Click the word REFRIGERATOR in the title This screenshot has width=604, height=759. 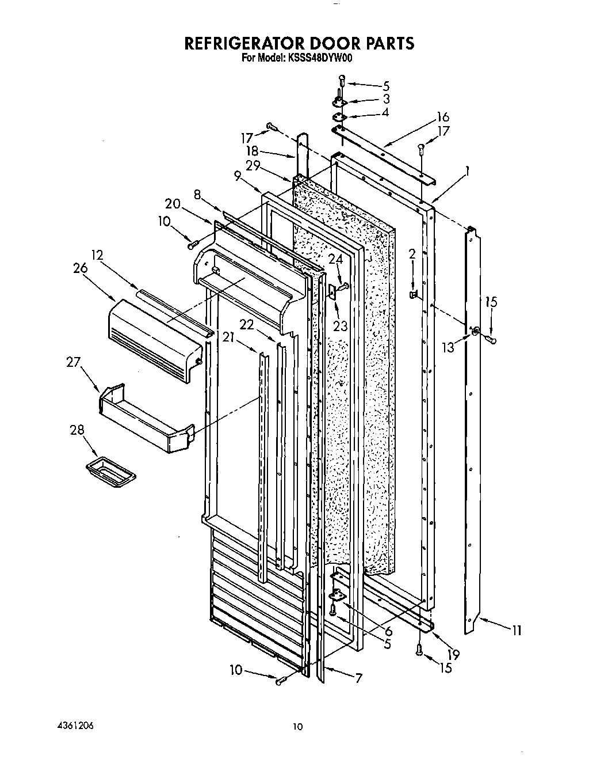pos(242,44)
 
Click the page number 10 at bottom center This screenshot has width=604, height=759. pos(297,727)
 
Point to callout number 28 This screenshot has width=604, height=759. pos(77,430)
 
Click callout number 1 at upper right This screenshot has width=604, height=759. pos(468,171)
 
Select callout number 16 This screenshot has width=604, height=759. pos(442,117)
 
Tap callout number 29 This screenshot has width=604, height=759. pos(251,165)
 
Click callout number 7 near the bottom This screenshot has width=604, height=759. pos(358,678)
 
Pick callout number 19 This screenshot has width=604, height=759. pos(453,654)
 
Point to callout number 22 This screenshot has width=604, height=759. pos(247,325)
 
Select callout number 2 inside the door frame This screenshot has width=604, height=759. pos(412,253)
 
